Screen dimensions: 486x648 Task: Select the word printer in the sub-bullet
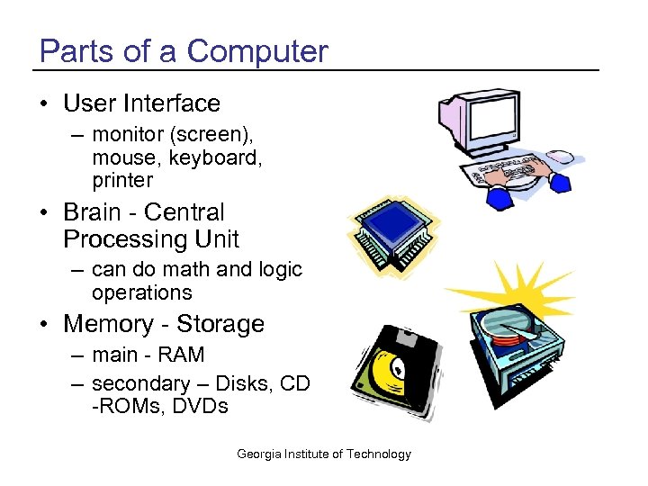122,180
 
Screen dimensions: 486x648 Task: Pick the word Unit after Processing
219,239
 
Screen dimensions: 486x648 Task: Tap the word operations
142,292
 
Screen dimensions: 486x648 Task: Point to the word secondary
140,383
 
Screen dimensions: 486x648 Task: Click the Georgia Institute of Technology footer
324,454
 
